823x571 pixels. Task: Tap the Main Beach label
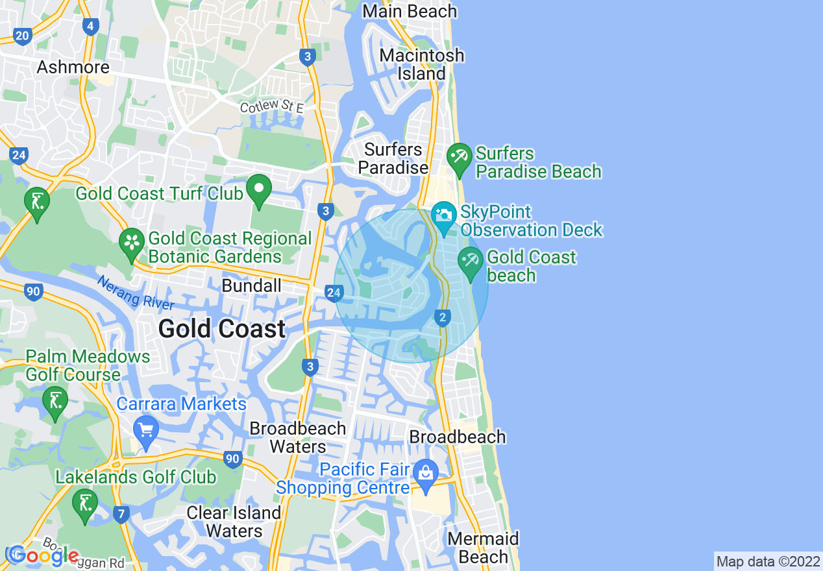point(410,11)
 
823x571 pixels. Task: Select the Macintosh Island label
point(422,64)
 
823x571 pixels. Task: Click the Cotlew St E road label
point(271,106)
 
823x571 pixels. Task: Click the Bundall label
point(252,285)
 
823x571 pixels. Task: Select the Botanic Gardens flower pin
point(132,243)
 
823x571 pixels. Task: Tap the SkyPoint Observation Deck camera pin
point(444,216)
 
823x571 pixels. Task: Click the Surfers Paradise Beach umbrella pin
point(460,158)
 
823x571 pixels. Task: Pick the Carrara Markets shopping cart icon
point(145,431)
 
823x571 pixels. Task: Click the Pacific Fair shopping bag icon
point(426,472)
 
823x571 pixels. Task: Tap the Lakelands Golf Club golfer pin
point(85,504)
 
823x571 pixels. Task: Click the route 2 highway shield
point(443,317)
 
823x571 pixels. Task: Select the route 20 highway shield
point(22,36)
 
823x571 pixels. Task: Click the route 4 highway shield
point(90,27)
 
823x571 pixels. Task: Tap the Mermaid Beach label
point(484,548)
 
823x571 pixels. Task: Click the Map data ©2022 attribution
point(768,561)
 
